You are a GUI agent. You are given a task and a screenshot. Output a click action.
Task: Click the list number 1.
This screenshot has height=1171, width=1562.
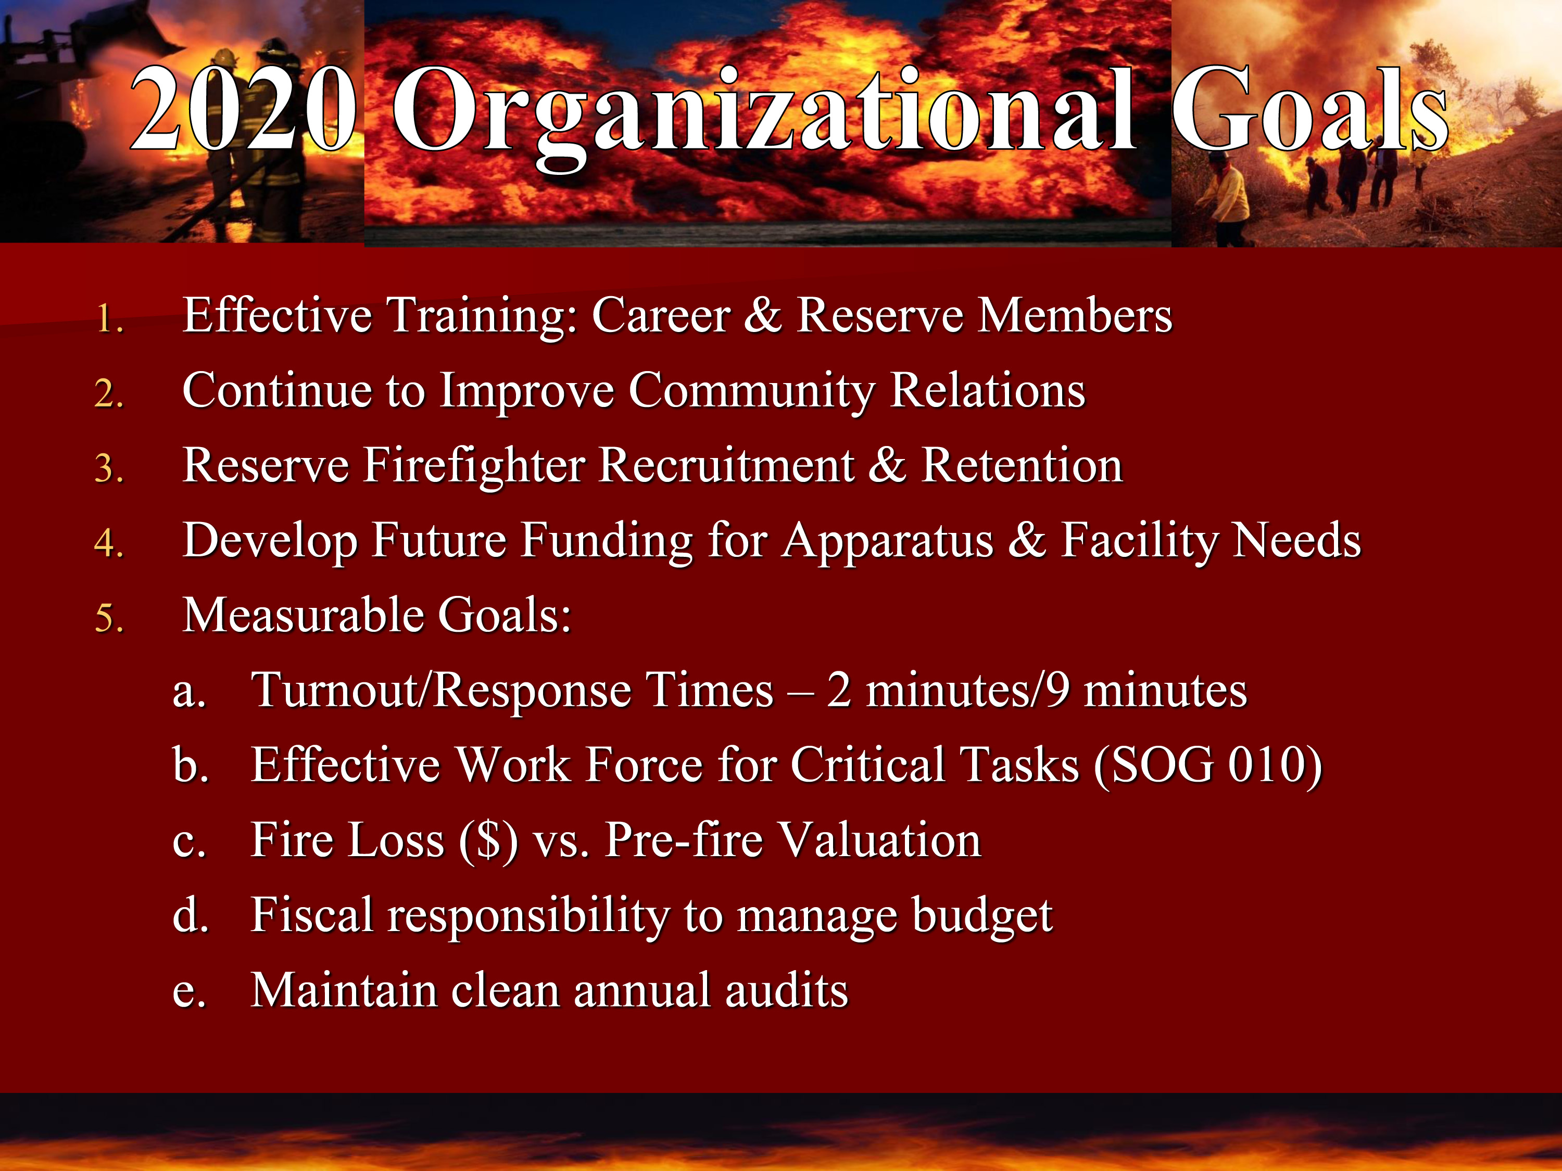tap(109, 319)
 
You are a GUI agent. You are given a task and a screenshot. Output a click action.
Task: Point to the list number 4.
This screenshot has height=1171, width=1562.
tap(109, 543)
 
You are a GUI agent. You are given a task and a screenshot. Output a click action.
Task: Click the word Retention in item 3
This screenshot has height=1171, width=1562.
tap(1022, 466)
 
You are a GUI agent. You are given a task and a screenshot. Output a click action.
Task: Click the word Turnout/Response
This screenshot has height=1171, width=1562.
tap(512, 690)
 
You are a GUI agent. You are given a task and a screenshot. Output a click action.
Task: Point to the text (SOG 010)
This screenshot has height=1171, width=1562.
tap(1207, 767)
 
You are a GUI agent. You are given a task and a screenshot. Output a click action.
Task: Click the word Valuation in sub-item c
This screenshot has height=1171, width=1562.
tap(880, 840)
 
